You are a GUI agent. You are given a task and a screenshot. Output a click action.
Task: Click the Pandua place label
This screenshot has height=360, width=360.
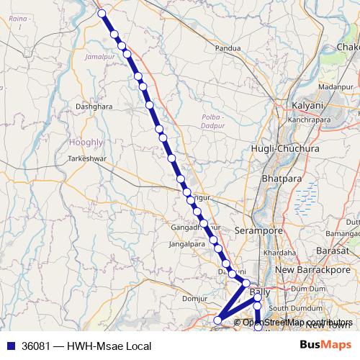coord(227,49)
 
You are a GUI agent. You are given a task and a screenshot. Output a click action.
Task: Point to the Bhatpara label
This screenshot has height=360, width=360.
coord(278,177)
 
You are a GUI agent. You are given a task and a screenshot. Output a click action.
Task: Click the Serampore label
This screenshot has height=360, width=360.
coord(257,230)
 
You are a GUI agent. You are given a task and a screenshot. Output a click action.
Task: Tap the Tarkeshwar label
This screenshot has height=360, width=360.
coord(87,157)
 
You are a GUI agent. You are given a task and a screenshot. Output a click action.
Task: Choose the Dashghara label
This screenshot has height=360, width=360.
coord(94,106)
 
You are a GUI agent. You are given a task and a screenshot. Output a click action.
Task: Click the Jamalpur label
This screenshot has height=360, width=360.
coord(99,55)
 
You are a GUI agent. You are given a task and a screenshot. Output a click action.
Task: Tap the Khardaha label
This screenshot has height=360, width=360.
coord(279,253)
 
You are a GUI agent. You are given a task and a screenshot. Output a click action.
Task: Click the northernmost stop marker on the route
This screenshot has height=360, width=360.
coord(102,13)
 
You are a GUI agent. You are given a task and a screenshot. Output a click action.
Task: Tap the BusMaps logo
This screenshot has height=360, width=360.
coord(326,346)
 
